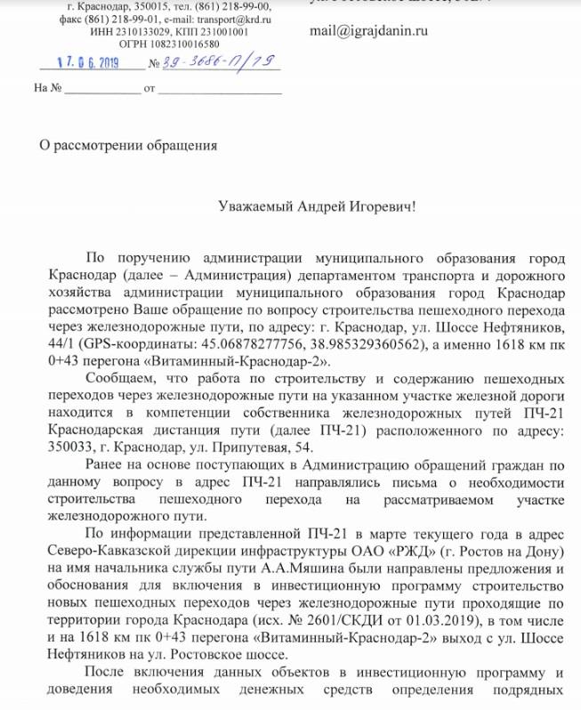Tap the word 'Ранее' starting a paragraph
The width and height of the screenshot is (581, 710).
[107, 467]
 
